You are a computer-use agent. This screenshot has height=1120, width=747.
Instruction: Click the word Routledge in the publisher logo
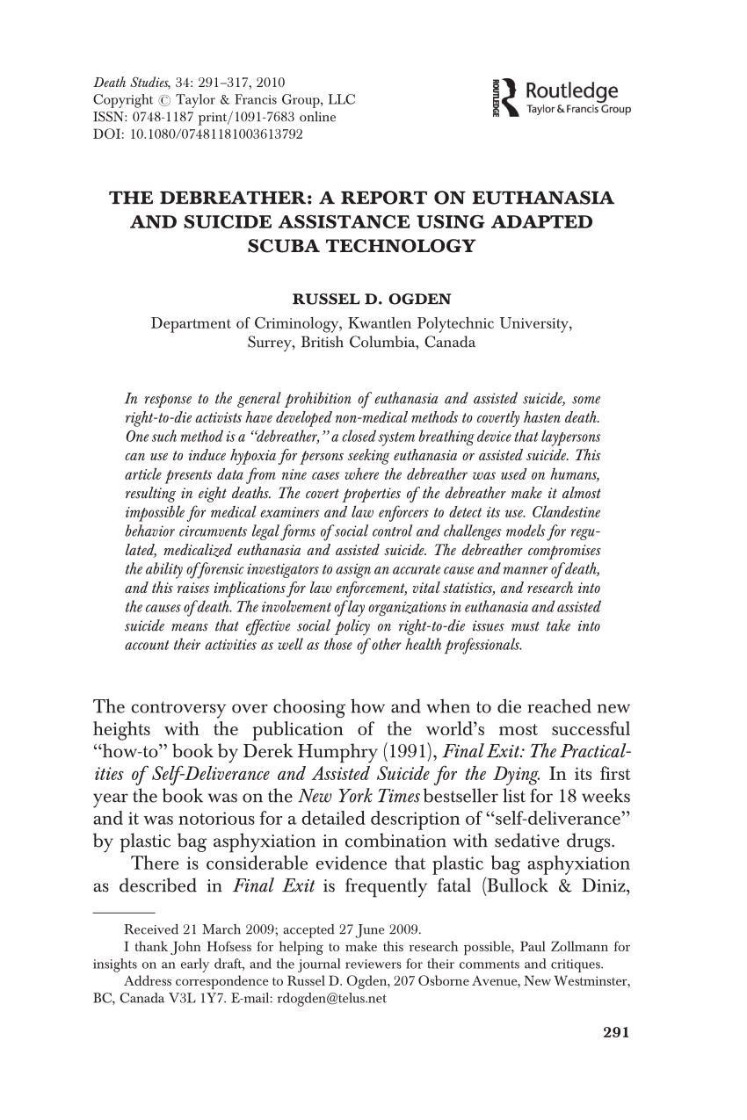(x=571, y=91)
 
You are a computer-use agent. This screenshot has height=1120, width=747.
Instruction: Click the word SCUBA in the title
(x=287, y=246)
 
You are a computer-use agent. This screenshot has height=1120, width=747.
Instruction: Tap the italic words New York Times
(x=341, y=797)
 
